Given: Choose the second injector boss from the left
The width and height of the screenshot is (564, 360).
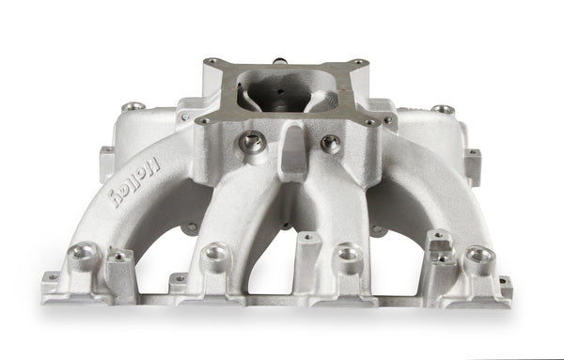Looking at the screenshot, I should tap(217, 252).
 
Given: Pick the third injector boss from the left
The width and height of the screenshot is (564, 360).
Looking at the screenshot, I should tap(349, 253).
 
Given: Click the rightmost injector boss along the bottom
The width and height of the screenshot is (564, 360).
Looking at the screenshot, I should tap(478, 254).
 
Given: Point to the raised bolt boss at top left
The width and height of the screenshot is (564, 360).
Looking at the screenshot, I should tap(134, 107).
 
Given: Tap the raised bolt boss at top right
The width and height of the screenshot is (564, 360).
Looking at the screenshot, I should tap(443, 110).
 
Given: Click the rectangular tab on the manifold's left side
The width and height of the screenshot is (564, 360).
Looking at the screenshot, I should tap(106, 163).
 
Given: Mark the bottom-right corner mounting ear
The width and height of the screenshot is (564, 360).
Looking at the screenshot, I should tap(506, 282).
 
